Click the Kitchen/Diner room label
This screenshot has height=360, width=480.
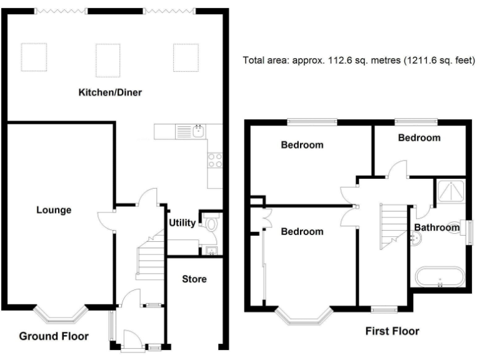(x=110, y=93)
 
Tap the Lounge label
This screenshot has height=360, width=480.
(x=53, y=210)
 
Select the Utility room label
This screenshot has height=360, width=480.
(x=181, y=222)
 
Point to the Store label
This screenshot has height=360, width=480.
(x=194, y=278)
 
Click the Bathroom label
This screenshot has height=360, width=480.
(x=436, y=228)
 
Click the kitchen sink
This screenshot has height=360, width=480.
(x=197, y=131)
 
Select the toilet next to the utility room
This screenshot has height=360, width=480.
(x=211, y=224)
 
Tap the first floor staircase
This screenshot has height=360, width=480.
(x=391, y=224)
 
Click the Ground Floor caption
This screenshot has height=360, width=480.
(x=54, y=336)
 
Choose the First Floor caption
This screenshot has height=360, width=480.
(x=392, y=331)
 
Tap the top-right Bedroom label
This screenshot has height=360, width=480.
(x=419, y=137)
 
